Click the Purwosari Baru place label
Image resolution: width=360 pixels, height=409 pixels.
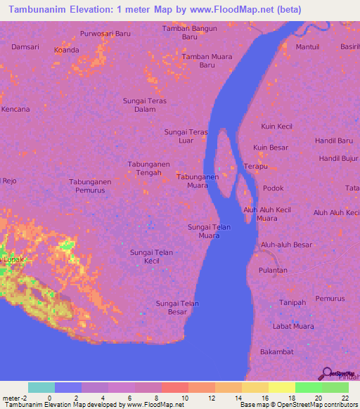point(105,33)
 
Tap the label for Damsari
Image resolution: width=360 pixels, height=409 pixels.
point(25,46)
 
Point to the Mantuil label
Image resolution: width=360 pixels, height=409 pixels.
point(307,47)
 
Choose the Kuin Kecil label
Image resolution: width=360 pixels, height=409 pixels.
point(276,126)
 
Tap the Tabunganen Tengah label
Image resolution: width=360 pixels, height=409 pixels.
point(148,168)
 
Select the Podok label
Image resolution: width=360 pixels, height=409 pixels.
point(273,188)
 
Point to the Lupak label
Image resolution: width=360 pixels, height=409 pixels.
point(15,259)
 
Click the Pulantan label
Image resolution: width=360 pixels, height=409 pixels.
point(273,270)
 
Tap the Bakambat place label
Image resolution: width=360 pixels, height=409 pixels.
point(276,351)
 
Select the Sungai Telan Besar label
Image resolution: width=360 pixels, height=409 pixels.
point(177,307)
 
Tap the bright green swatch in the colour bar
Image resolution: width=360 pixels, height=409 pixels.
point(308,387)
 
